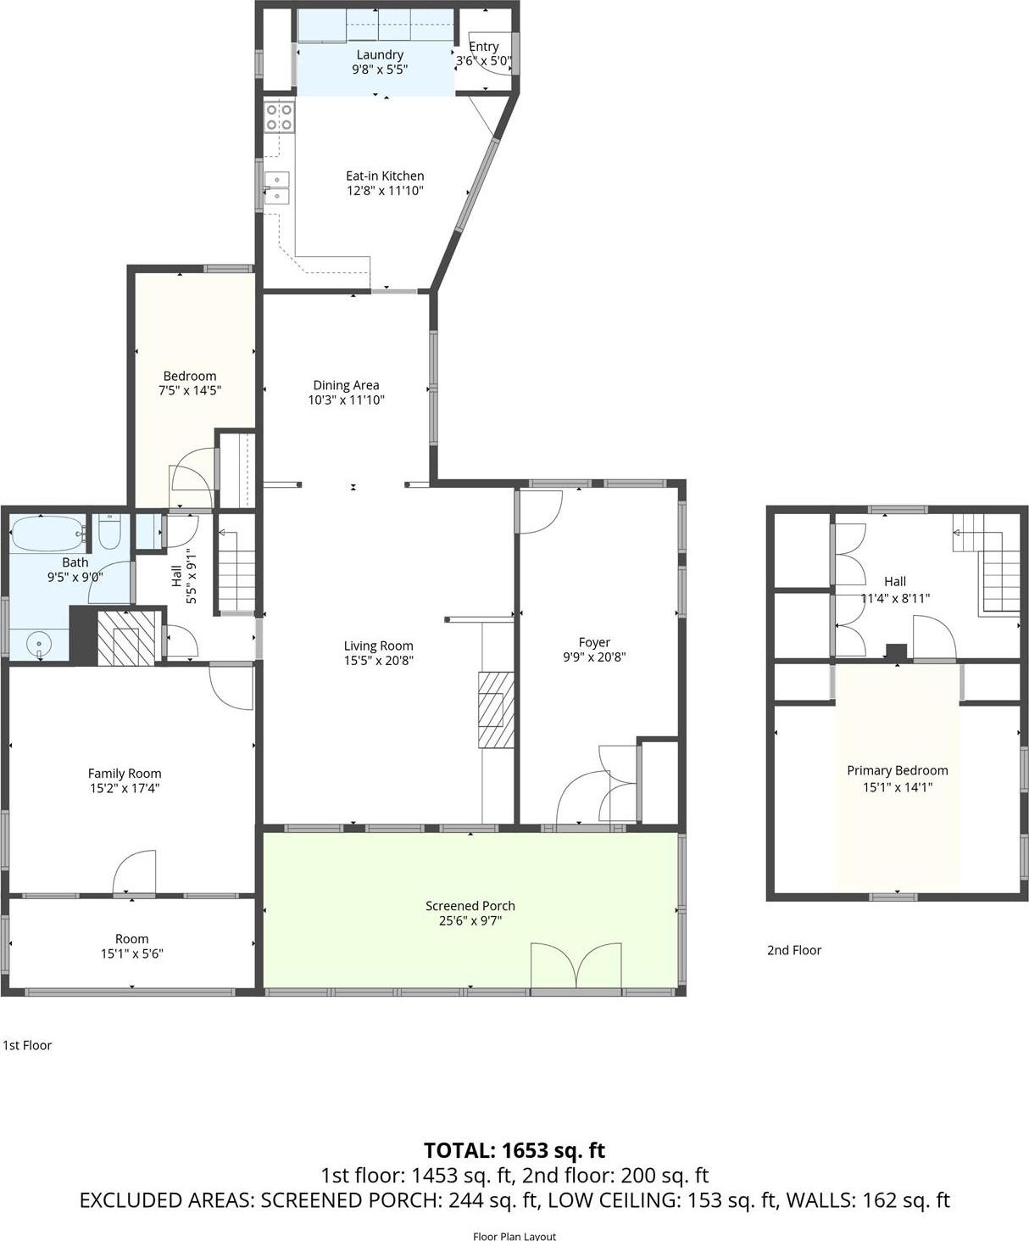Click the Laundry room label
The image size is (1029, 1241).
380,54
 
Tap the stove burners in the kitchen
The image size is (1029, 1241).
279,117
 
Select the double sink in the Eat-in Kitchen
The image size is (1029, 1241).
277,187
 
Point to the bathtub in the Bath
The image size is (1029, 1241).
47,533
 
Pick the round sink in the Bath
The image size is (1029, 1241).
38,645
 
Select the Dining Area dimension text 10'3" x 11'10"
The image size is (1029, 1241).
346,400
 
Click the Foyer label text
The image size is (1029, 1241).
594,642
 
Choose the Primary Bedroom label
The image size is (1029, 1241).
897,770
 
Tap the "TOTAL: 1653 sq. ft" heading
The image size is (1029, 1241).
514,1150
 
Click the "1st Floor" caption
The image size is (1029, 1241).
27,1045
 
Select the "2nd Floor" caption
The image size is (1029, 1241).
794,950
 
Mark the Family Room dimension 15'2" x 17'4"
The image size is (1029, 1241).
125,788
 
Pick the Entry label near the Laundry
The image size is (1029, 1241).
484,47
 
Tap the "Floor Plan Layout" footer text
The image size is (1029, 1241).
514,1236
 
